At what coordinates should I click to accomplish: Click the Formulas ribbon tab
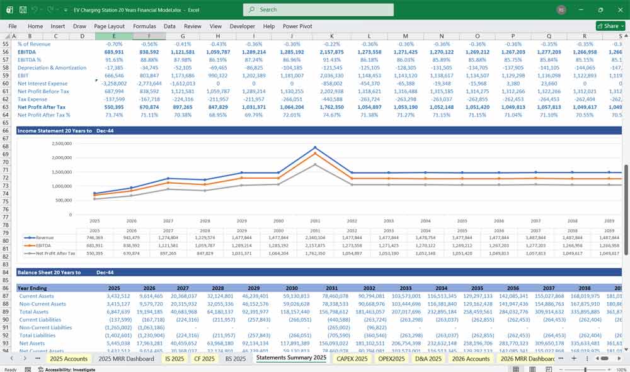click(144, 26)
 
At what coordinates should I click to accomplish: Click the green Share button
click(608, 26)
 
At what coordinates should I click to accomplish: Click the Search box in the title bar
click(315, 9)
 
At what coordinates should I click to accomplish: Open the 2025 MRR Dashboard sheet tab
click(127, 359)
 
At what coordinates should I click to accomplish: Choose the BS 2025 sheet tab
click(235, 359)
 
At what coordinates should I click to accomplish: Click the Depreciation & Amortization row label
click(52, 67)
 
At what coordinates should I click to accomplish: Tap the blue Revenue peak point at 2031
click(315, 148)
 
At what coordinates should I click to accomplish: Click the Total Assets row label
click(35, 312)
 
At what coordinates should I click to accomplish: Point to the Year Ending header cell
click(33, 288)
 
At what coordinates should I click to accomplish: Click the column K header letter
click(331, 36)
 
